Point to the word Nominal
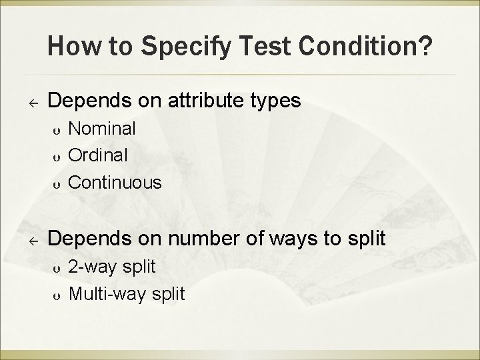click(103, 128)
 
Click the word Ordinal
click(99, 155)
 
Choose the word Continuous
click(115, 181)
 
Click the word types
click(275, 101)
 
